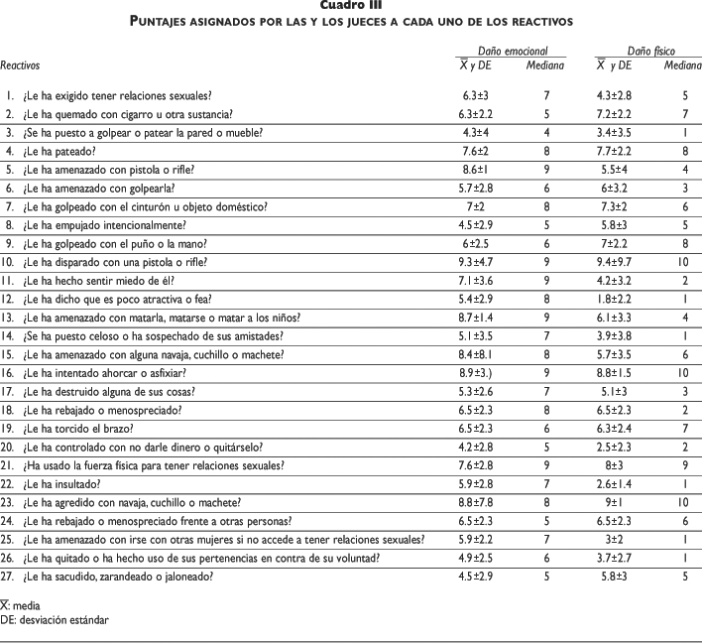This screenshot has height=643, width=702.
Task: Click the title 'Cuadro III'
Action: point(351,6)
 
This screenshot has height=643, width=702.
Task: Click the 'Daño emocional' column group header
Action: point(508,50)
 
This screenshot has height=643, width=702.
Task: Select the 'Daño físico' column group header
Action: point(650,50)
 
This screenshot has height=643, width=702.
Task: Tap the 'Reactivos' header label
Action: point(21,65)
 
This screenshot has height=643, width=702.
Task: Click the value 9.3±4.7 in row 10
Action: point(471,262)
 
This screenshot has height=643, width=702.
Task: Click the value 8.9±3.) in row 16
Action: point(471,373)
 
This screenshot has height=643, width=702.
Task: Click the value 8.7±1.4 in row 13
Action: point(471,318)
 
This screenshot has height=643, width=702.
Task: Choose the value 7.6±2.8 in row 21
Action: point(471,465)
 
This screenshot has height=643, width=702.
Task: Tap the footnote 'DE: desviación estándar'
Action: point(55,620)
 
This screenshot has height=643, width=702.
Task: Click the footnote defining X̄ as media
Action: point(23,602)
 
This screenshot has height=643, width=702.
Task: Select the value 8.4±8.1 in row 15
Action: point(471,354)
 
